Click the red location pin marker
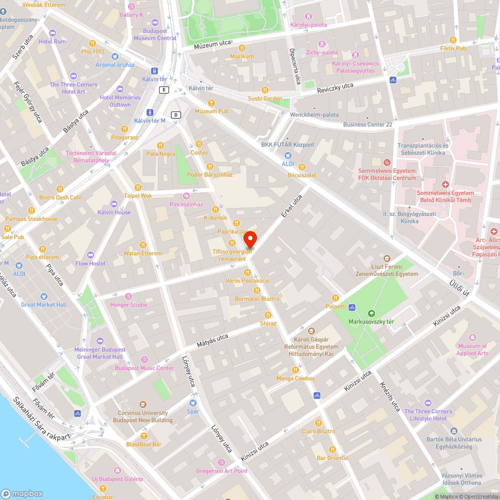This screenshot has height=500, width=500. click(x=252, y=239)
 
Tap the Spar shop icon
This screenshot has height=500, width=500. click(x=192, y=402)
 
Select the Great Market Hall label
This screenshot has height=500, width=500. click(x=43, y=304)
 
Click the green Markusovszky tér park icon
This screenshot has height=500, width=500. click(x=371, y=313)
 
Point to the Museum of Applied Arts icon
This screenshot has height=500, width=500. click(x=472, y=337)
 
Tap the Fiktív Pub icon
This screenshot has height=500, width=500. click(x=453, y=40)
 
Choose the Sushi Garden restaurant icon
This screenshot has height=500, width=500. click(x=265, y=90)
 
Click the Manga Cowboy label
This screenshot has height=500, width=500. click(x=295, y=378)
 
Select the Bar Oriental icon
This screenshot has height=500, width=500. click(x=332, y=449)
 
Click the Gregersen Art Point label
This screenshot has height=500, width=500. click(x=221, y=470)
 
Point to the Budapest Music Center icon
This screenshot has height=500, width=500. click(x=144, y=359)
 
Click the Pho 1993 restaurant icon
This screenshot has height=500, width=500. click(x=92, y=43)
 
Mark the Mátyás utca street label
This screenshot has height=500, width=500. click(x=212, y=340)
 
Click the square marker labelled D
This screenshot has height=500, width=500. click(x=175, y=114)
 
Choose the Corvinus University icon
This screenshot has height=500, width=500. click(x=143, y=404)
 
